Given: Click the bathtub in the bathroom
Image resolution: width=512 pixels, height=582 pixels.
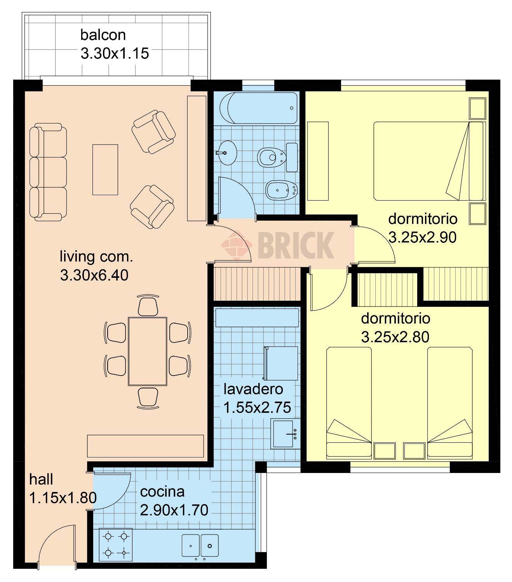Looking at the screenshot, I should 258,108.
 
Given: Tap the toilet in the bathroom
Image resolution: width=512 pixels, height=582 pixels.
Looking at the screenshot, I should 272,157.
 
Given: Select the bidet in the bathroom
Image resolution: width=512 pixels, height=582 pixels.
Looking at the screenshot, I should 282,190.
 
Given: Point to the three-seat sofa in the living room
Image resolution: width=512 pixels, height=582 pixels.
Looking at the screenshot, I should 48,171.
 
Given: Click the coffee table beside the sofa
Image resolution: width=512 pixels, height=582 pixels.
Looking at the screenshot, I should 105,170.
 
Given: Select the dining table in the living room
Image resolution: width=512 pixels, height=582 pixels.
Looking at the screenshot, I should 148,351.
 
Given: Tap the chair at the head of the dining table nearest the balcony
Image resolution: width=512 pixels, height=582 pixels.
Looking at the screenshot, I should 148,305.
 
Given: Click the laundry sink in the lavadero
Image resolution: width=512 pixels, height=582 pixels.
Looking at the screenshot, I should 286,433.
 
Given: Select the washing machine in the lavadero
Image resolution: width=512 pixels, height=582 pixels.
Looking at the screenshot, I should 281,363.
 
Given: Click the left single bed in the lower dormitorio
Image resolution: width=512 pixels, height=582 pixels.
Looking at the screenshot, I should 349,402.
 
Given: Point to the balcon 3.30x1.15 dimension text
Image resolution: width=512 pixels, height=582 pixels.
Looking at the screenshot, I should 115,54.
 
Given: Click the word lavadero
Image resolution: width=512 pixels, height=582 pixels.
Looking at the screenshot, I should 253,389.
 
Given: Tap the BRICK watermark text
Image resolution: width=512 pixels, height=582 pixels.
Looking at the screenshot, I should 295,245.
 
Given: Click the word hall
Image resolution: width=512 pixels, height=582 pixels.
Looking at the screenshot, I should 41,479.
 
